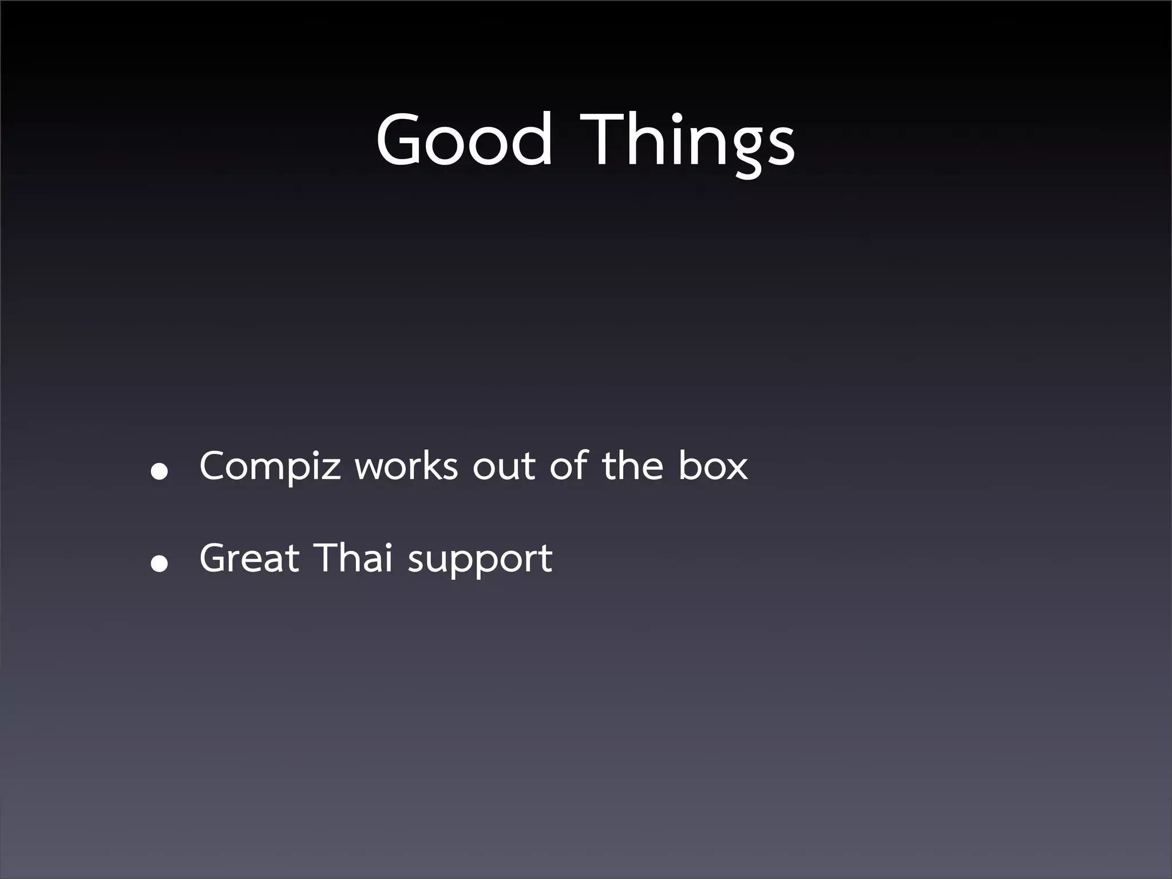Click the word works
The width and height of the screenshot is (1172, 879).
(406, 466)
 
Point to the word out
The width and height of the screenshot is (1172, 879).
(504, 466)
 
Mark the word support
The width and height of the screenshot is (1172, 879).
(480, 561)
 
